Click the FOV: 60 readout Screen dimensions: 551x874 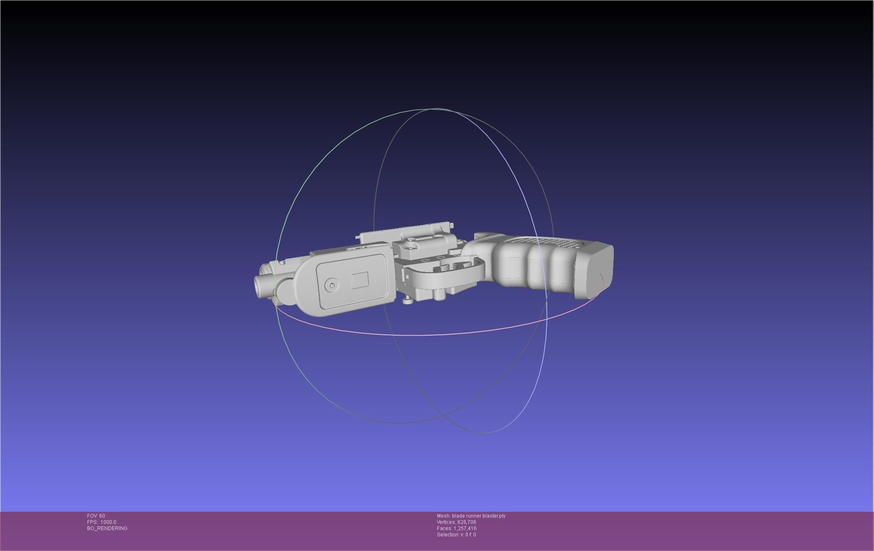pyautogui.click(x=96, y=516)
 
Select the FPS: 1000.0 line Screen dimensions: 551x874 pyautogui.click(x=101, y=522)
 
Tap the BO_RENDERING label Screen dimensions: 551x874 pyautogui.click(x=107, y=528)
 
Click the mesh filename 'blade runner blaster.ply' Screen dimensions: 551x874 pyautogui.click(x=479, y=516)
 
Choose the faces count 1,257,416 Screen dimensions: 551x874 pyautogui.click(x=465, y=528)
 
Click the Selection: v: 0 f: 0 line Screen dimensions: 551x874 pyautogui.click(x=456, y=535)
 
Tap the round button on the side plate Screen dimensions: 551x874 pyautogui.click(x=332, y=286)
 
